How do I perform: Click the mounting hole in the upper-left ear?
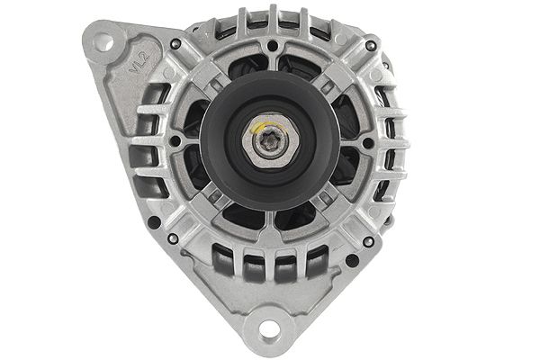point(103,41)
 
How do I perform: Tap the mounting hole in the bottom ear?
point(267,329)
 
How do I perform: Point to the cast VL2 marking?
point(139,64)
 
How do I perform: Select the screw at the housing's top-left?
point(175,43)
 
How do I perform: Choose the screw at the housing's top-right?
point(369,44)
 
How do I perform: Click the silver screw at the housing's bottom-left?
point(172,238)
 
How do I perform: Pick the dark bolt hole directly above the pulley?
point(272,45)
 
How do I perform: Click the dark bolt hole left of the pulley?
point(175,141)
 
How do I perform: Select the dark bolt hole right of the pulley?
point(368,142)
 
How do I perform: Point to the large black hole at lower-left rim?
point(155,221)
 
